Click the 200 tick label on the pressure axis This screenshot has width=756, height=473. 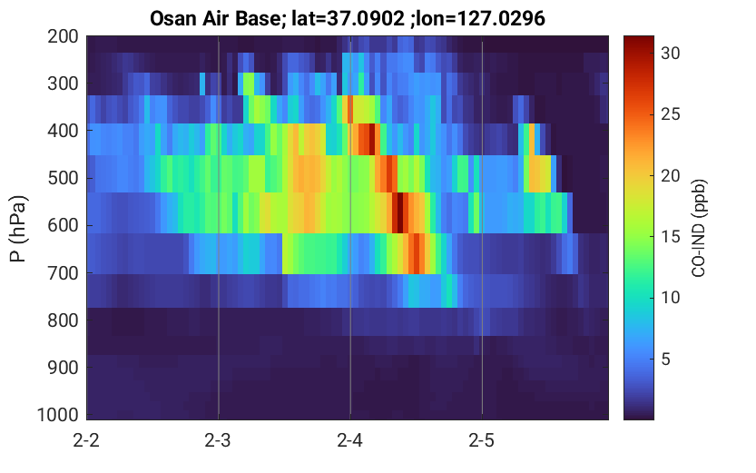(x=63, y=36)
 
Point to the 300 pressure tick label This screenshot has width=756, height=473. (x=63, y=84)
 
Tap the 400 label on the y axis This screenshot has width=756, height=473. (x=63, y=131)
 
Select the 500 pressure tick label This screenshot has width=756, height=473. (x=63, y=178)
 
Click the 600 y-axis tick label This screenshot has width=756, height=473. (x=63, y=225)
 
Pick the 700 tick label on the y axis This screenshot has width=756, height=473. (x=63, y=273)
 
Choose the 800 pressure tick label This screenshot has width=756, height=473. (x=63, y=320)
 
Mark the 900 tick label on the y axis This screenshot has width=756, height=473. (x=63, y=368)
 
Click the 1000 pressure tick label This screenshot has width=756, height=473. (x=58, y=415)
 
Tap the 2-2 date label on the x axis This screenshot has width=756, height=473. (x=86, y=440)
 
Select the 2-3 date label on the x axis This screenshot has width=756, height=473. (x=218, y=440)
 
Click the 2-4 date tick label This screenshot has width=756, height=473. (x=350, y=440)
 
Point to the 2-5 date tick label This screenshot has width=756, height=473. (x=482, y=440)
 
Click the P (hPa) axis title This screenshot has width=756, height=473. (x=19, y=229)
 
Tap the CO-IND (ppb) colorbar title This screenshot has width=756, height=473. (x=699, y=228)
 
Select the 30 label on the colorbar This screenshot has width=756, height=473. (x=670, y=53)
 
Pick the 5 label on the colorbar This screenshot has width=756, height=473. (x=666, y=359)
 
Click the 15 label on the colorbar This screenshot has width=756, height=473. (x=670, y=237)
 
